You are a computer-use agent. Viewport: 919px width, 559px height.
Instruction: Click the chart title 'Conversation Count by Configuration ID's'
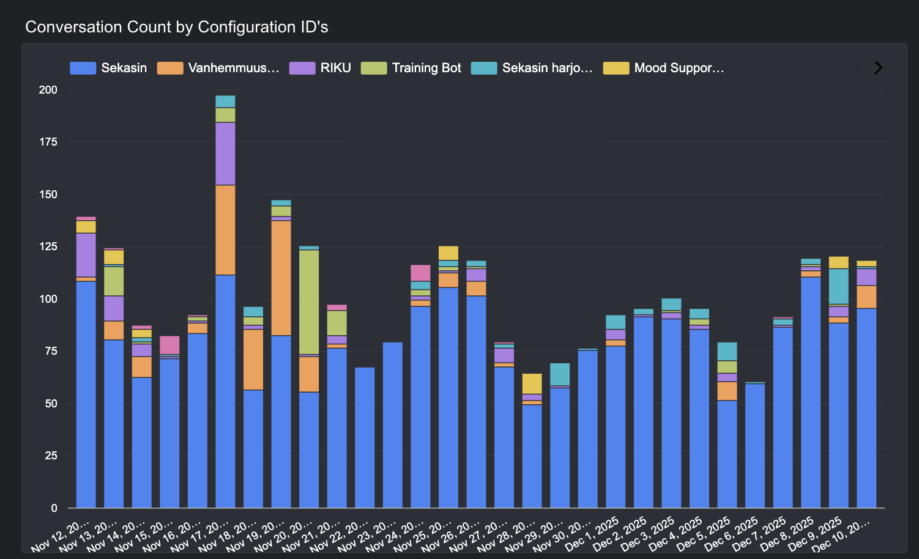click(177, 27)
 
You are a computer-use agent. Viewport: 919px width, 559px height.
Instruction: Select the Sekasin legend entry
click(109, 68)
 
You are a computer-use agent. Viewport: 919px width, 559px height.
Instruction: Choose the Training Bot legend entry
click(411, 68)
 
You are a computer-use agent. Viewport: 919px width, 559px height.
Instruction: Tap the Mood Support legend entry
click(664, 68)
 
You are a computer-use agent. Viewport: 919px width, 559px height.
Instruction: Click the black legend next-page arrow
click(878, 68)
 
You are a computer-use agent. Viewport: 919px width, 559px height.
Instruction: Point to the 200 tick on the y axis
click(48, 90)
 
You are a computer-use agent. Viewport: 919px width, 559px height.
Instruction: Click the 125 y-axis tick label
click(48, 246)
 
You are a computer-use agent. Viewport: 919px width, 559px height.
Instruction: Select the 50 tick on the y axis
click(50, 404)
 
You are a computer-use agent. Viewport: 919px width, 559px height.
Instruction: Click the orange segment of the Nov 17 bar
click(225, 230)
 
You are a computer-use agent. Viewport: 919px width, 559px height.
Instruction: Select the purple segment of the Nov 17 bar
click(225, 154)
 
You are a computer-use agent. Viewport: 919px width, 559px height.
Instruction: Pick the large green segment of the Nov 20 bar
click(309, 302)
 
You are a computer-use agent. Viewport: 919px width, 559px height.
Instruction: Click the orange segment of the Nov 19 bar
click(281, 278)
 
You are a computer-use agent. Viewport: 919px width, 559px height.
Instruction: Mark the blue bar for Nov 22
click(365, 437)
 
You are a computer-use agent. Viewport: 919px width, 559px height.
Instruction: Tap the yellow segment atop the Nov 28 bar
click(532, 383)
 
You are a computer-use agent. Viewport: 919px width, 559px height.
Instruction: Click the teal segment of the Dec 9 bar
click(839, 286)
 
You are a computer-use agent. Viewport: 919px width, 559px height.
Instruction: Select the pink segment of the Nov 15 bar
click(169, 344)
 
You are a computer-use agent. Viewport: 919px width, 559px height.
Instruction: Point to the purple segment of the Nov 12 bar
click(86, 254)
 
